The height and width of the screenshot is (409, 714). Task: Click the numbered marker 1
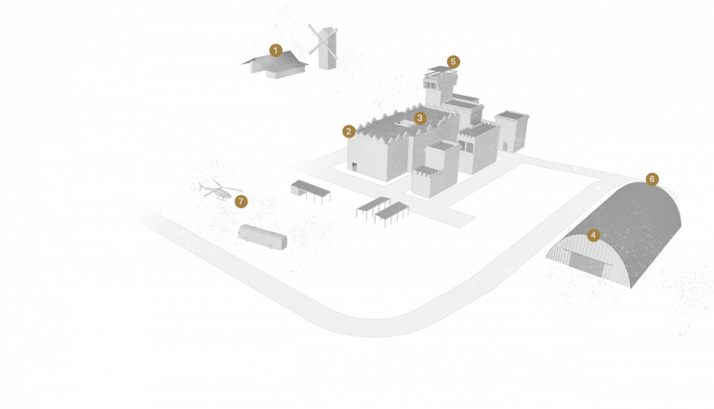coord(276,49)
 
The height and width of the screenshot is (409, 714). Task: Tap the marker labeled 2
coord(349,131)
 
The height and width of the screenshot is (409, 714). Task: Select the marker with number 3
coord(420,118)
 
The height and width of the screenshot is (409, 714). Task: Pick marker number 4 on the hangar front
coord(593,235)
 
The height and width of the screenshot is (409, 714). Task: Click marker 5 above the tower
coord(453,61)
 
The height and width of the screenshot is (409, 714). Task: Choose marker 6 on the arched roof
coord(652,178)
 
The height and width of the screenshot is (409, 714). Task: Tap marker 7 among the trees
coord(241,201)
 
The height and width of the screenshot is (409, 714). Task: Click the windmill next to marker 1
coord(326,48)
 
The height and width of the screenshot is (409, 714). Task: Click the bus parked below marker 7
coord(262,236)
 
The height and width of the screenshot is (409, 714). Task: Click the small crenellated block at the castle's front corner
coord(429,182)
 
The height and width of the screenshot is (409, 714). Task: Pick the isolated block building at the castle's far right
coord(511,130)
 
